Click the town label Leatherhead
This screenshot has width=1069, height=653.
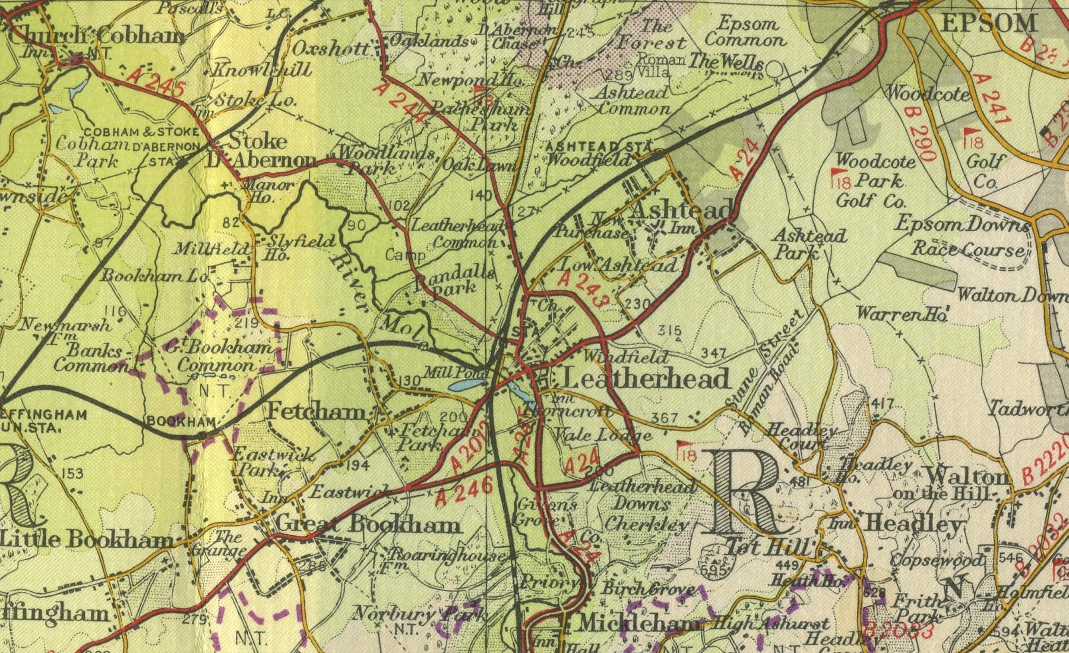[646, 378]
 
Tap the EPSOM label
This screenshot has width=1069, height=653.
[989, 23]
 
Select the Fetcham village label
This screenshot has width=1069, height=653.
[317, 411]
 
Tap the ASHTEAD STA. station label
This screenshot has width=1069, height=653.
[599, 146]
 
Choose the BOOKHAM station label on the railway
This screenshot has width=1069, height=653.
[181, 421]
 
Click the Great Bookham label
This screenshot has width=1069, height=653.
[368, 525]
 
